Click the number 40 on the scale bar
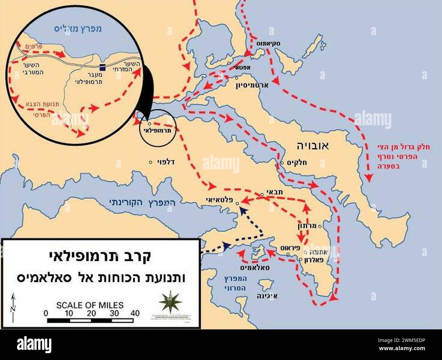point(135,313)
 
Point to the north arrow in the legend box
point(13,308)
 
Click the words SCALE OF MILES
point(90,305)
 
